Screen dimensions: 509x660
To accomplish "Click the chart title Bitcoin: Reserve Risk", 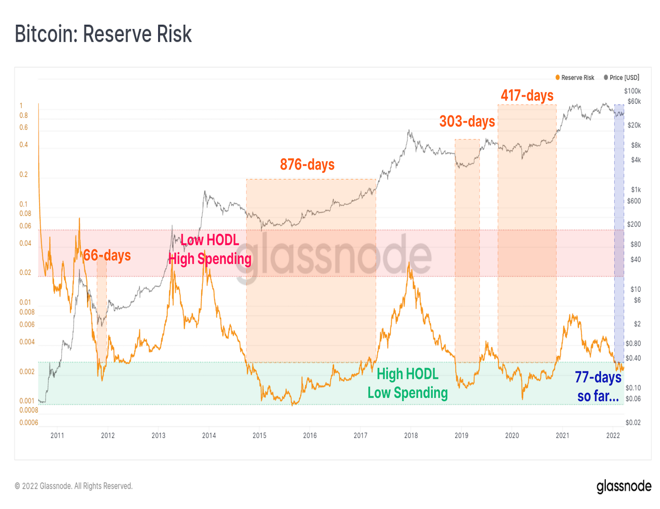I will pyautogui.click(x=103, y=34).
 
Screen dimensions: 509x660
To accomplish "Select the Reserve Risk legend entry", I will pyautogui.click(x=575, y=78).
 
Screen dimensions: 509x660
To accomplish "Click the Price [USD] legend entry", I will pyautogui.click(x=622, y=78).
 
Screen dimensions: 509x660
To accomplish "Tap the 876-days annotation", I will pyautogui.click(x=307, y=164).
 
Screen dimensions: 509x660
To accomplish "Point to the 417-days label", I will pyautogui.click(x=527, y=96).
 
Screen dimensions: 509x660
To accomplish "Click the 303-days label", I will pyautogui.click(x=467, y=122).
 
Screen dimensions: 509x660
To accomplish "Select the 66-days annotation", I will pyautogui.click(x=107, y=255).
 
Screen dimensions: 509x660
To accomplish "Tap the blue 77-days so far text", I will pyautogui.click(x=598, y=386).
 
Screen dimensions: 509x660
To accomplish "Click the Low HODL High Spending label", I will pyautogui.click(x=210, y=249).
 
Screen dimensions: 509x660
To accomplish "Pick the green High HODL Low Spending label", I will pyautogui.click(x=407, y=383).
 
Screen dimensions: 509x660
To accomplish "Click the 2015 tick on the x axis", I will pyautogui.click(x=259, y=435).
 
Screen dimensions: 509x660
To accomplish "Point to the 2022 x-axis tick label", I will pyautogui.click(x=613, y=435).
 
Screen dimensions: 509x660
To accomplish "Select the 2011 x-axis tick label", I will pyautogui.click(x=57, y=435).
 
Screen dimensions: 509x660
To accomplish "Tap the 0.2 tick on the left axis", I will pyautogui.click(x=24, y=174).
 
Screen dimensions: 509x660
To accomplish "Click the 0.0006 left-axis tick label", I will pyautogui.click(x=29, y=423).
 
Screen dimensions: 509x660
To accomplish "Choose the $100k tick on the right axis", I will pyautogui.click(x=632, y=91).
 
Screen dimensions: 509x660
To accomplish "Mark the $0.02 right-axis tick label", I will pyautogui.click(x=633, y=423).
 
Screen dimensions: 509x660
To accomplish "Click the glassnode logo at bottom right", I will pyautogui.click(x=624, y=486).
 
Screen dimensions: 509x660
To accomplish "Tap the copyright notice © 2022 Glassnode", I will pyautogui.click(x=74, y=486).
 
